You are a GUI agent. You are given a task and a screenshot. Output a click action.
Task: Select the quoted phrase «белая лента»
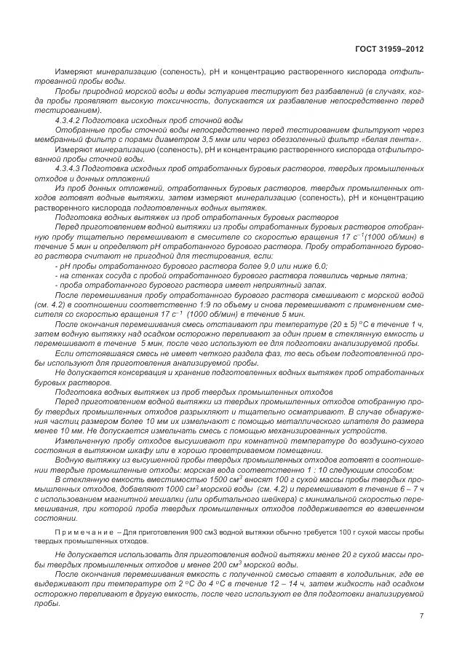click(x=397, y=138)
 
